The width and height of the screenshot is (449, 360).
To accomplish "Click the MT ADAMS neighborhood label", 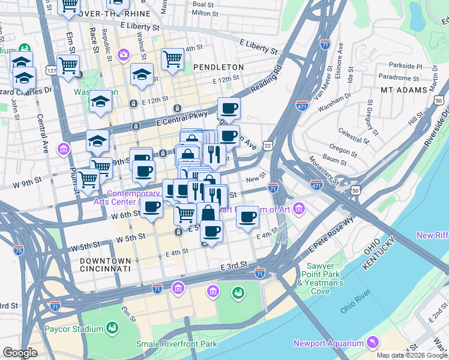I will pyautogui.click(x=403, y=89).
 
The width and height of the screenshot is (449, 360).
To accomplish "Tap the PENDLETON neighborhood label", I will pyautogui.click(x=218, y=67).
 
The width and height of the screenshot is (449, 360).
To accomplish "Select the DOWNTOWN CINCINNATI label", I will pyautogui.click(x=104, y=265).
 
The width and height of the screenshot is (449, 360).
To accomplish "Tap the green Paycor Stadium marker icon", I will pyautogui.click(x=112, y=328).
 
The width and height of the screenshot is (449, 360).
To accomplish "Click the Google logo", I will pyautogui.click(x=20, y=353).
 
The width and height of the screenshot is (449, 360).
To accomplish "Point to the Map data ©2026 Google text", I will pyautogui.click(x=411, y=355).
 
